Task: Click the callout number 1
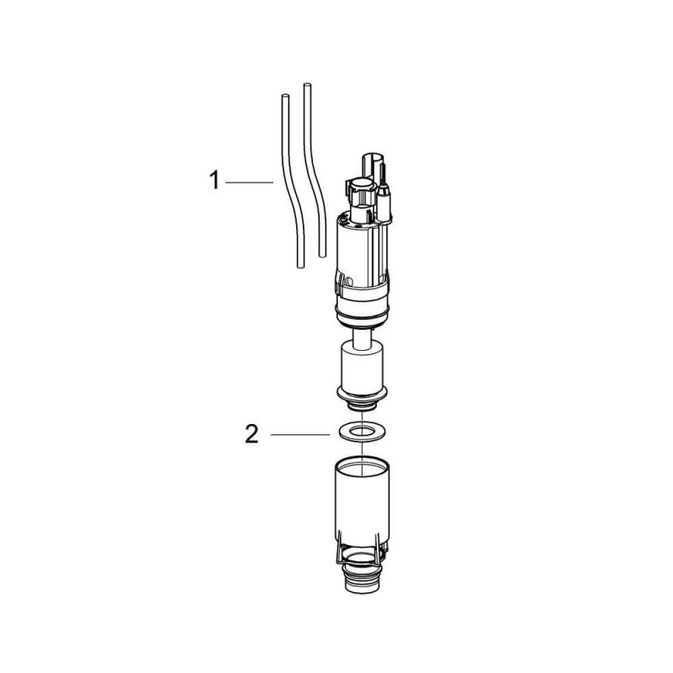215,181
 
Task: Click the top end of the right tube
306,86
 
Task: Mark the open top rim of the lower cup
360,464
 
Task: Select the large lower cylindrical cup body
360,505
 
